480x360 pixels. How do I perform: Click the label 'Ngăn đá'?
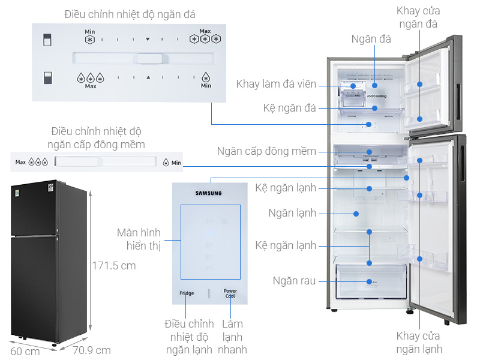pyautogui.click(x=371, y=39)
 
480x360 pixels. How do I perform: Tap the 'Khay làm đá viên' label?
pyautogui.click(x=276, y=84)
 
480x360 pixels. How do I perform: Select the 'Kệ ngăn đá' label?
pyautogui.click(x=290, y=108)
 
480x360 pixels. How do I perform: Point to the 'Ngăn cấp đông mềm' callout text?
pyautogui.click(x=266, y=151)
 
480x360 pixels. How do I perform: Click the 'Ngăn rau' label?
pyautogui.click(x=294, y=281)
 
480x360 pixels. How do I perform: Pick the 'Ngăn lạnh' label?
pyautogui.click(x=292, y=213)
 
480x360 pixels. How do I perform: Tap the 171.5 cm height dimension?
pyautogui.click(x=114, y=265)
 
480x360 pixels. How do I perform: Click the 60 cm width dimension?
pyautogui.click(x=24, y=351)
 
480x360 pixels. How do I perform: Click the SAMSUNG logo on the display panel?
pyautogui.click(x=209, y=193)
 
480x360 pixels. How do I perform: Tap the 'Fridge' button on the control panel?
pyautogui.click(x=187, y=293)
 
